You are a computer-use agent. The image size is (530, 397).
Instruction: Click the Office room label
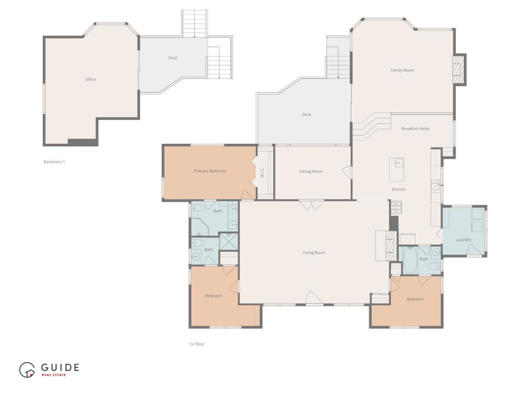pyautogui.click(x=91, y=80)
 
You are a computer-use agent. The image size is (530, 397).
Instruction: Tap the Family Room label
pyautogui.click(x=402, y=70)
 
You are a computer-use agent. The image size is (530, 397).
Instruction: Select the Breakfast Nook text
pyautogui.click(x=415, y=129)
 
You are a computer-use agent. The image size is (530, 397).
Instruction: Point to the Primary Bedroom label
pyautogui.click(x=210, y=171)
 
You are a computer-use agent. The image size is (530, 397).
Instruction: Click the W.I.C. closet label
pyautogui.click(x=262, y=172)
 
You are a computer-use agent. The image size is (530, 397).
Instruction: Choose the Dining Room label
pyautogui.click(x=311, y=172)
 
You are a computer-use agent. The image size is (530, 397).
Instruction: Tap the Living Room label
pyautogui.click(x=314, y=253)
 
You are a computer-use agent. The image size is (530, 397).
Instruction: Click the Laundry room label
pyautogui.click(x=463, y=240)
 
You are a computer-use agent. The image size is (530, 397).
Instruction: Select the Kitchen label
pyautogui.click(x=399, y=190)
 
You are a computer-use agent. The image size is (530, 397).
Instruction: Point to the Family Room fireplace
pyautogui.click(x=458, y=69)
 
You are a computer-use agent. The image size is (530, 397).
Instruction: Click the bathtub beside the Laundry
pyautogui.click(x=410, y=261)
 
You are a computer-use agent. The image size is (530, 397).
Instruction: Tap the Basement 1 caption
pyautogui.click(x=54, y=162)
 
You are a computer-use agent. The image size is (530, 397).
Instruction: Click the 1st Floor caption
pyautogui.click(x=197, y=344)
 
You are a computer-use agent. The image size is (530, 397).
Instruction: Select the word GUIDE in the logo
pyautogui.click(x=61, y=368)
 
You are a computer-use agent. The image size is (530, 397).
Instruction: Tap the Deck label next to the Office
pyautogui.click(x=173, y=58)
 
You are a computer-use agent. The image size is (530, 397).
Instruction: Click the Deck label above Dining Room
pyautogui.click(x=306, y=115)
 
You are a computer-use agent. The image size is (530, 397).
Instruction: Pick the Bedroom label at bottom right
pyautogui.click(x=415, y=299)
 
